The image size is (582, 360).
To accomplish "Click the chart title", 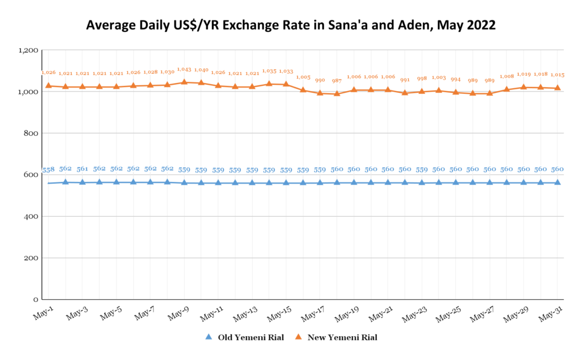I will [x=291, y=26].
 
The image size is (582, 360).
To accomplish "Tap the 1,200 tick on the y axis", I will [x=28, y=51].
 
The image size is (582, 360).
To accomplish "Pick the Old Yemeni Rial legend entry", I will [x=247, y=337].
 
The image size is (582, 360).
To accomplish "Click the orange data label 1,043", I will [x=184, y=69].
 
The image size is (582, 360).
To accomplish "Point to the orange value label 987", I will [x=337, y=81].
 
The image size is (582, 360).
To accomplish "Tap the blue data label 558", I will [x=48, y=169].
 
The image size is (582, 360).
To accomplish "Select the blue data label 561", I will [x=82, y=169].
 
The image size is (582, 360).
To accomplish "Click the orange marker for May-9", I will [x=184, y=82].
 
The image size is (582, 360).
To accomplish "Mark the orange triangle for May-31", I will [x=558, y=88].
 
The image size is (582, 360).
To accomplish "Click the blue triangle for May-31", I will [x=558, y=182].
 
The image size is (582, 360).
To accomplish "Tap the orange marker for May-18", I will [x=337, y=93].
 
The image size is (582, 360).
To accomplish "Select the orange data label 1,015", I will [x=558, y=75].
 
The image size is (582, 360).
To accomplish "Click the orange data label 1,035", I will [x=269, y=71].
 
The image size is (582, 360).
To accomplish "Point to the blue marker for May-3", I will [x=82, y=182].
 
